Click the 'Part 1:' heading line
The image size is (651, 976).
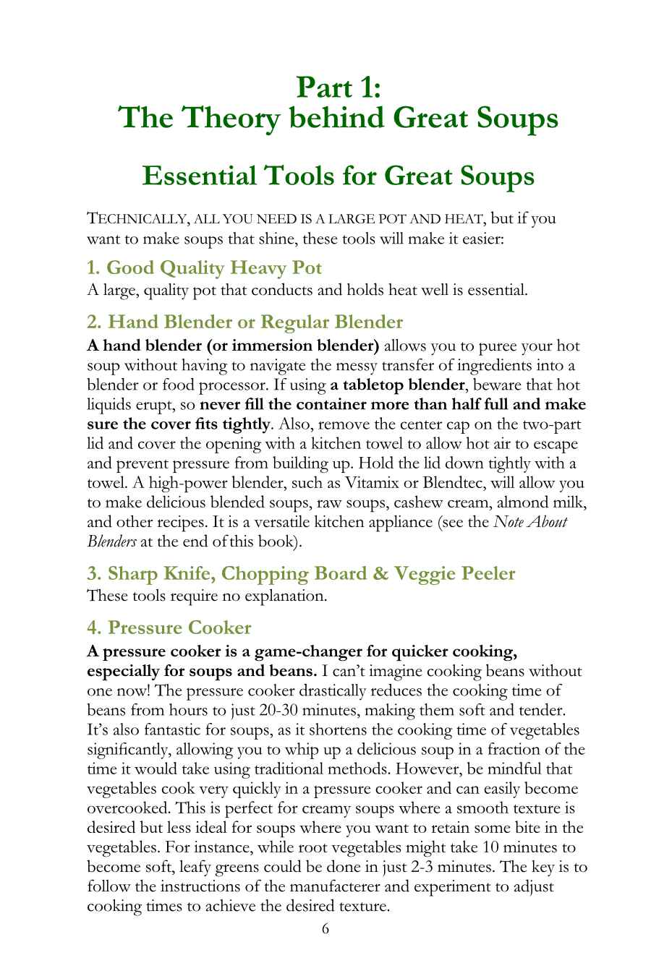339,87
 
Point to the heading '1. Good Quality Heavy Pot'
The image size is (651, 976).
205,267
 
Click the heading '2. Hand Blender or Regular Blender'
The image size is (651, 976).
244,322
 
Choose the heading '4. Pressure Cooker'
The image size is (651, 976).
169,628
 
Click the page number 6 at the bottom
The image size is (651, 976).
325,929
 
